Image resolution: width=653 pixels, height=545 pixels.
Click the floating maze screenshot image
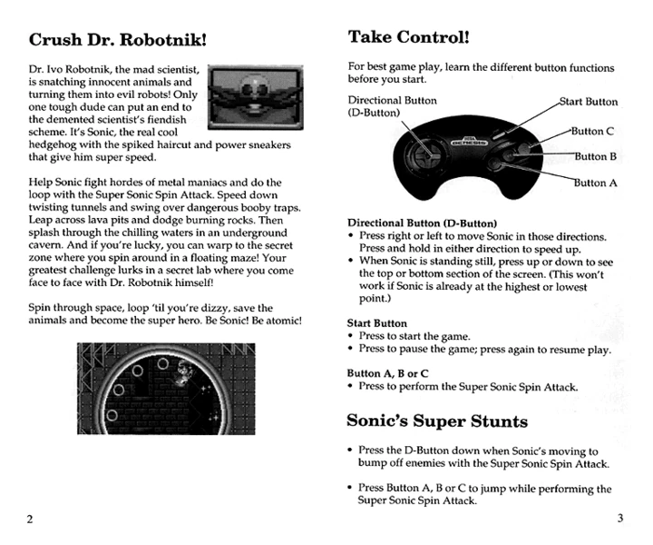167,384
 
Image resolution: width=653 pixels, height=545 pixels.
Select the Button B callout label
595,156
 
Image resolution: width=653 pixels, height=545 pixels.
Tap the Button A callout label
595,183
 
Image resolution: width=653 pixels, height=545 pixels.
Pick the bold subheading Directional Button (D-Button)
422,223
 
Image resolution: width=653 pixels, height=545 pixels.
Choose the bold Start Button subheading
377,322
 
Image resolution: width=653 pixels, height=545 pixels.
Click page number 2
30,520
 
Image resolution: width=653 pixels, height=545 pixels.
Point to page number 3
619,519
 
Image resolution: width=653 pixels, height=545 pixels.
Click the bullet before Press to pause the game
352,350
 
